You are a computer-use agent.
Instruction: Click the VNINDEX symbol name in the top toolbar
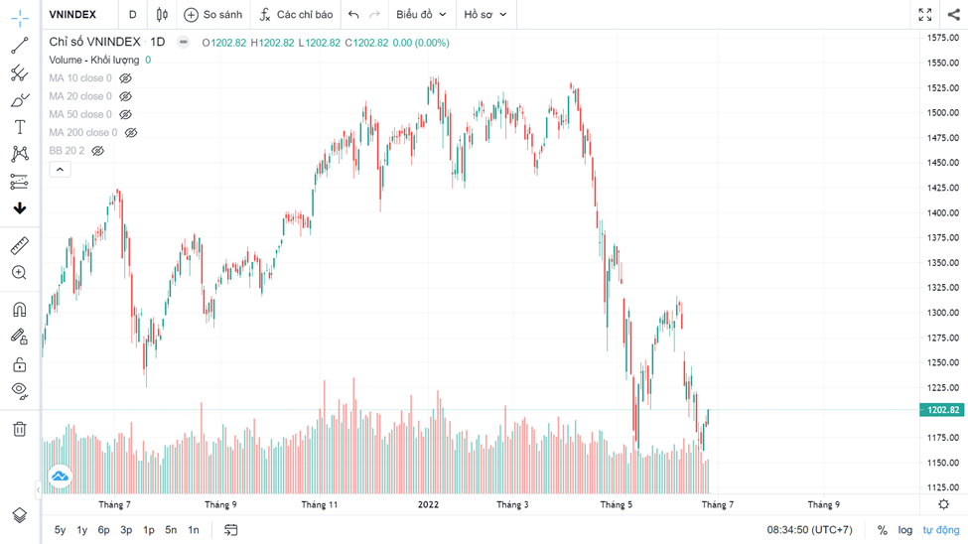click(x=72, y=15)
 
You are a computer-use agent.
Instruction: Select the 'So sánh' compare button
click(x=213, y=15)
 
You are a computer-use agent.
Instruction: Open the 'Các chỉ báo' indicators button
click(x=296, y=15)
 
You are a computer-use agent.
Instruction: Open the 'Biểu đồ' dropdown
click(x=421, y=15)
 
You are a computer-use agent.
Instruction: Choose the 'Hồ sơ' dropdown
click(x=485, y=15)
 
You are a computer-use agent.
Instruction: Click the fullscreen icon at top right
click(x=924, y=15)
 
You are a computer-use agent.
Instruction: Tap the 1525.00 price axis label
click(x=942, y=87)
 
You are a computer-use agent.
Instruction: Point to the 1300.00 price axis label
click(x=942, y=313)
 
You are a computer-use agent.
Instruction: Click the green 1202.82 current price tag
click(x=941, y=410)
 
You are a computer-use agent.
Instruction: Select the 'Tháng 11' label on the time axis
click(x=320, y=505)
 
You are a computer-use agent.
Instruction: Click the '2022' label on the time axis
click(x=428, y=505)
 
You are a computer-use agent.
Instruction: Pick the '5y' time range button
click(x=61, y=530)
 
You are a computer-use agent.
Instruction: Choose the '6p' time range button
click(x=103, y=530)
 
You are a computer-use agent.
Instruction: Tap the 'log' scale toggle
click(x=905, y=530)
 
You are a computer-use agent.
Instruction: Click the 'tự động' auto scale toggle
click(x=941, y=530)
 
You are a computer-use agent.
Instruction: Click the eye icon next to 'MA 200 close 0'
click(x=130, y=132)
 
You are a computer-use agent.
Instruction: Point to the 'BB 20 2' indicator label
click(x=67, y=151)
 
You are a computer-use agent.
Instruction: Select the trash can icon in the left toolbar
click(x=19, y=429)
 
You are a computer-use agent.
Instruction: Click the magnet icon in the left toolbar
click(x=19, y=310)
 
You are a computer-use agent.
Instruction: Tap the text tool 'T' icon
click(x=19, y=127)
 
